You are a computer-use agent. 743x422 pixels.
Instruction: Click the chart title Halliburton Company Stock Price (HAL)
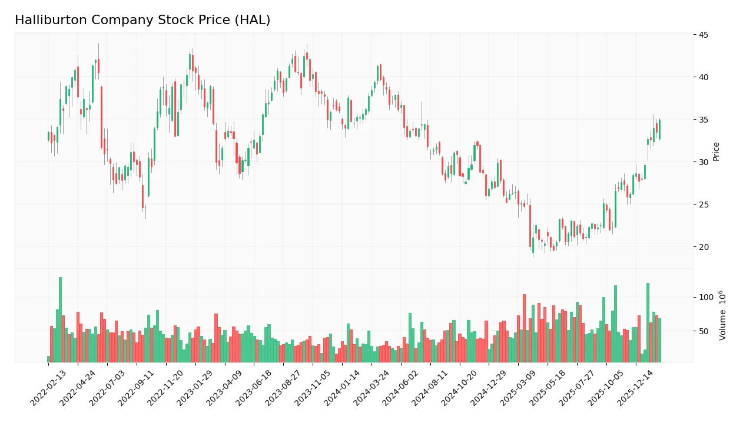142,20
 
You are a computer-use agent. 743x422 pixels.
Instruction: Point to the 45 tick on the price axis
704,35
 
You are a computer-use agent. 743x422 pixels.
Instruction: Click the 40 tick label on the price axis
704,77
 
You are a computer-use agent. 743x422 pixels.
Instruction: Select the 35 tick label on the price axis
704,120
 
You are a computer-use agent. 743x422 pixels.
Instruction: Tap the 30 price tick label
704,162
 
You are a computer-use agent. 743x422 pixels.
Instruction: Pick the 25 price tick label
704,205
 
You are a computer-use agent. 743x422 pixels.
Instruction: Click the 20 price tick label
704,247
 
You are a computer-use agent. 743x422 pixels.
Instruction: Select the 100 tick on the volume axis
706,297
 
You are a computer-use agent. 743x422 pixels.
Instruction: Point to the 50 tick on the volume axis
704,331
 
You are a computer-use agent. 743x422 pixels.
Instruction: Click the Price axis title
717,151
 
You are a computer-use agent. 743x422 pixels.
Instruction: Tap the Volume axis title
722,315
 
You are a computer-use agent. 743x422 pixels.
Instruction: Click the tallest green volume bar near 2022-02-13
60,319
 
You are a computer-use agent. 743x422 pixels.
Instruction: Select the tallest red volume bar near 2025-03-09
524,328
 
